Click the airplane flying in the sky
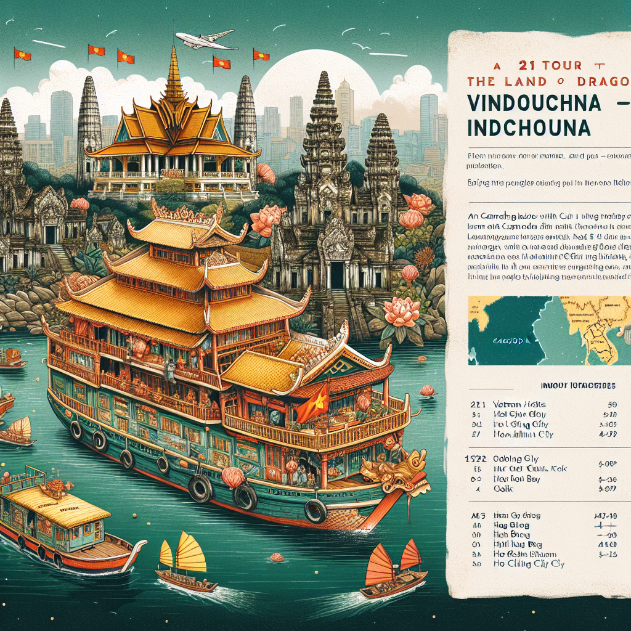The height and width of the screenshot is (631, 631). (x=205, y=41)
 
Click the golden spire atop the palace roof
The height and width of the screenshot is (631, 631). (x=174, y=74)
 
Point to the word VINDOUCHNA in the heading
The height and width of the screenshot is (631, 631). (x=534, y=103)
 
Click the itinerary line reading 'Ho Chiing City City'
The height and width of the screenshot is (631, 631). (x=529, y=564)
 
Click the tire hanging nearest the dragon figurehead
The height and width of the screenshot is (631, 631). (x=316, y=510)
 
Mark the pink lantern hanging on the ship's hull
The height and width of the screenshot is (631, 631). (x=233, y=476)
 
